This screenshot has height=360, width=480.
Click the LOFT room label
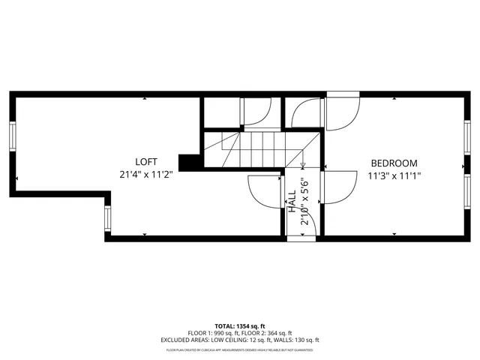pyautogui.click(x=145, y=162)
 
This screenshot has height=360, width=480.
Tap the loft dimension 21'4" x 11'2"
pyautogui.click(x=145, y=174)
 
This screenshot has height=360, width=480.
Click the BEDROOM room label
pyautogui.click(x=394, y=163)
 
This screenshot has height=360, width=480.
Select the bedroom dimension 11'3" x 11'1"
pyautogui.click(x=394, y=175)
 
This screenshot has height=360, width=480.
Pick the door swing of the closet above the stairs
pyautogui.click(x=255, y=112)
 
